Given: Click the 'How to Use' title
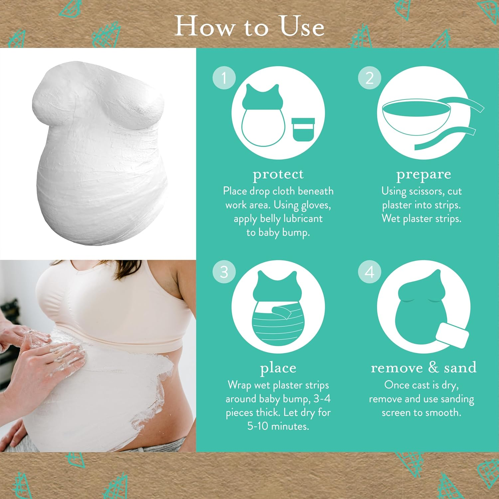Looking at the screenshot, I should (x=249, y=27).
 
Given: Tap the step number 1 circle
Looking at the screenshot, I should (x=224, y=78).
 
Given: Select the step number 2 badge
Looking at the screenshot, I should (x=370, y=78).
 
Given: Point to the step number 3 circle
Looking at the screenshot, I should (x=224, y=272).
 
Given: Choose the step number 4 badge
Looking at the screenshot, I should (x=370, y=272).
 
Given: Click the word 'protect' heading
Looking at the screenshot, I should (x=278, y=174).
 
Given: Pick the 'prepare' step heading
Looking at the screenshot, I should (x=423, y=174).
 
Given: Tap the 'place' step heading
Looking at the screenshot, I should (x=278, y=368).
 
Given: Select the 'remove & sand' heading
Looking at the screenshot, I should (x=423, y=367).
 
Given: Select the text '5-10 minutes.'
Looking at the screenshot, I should (x=278, y=426).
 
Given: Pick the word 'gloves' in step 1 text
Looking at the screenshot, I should (x=315, y=205).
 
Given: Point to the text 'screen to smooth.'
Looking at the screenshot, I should (x=421, y=413).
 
